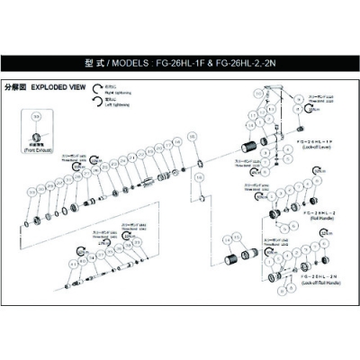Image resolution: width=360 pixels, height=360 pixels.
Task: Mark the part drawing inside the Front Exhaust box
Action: tap(37, 137)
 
